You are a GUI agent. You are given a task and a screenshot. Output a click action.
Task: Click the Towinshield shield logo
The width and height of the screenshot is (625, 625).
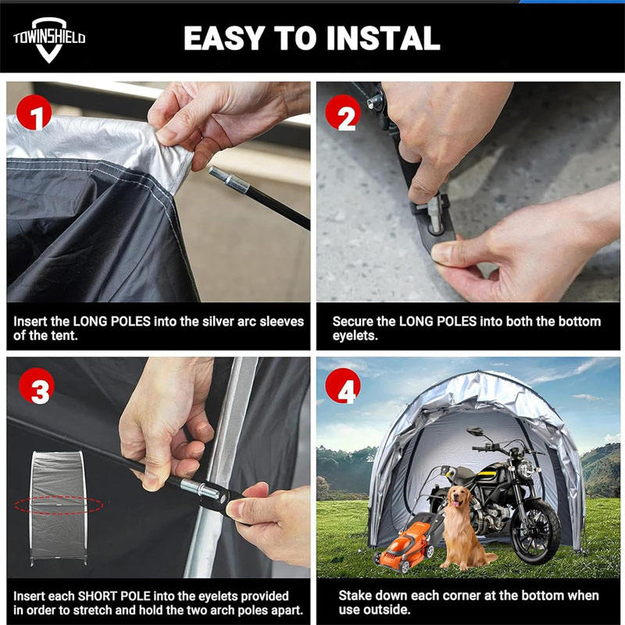pos(49,40)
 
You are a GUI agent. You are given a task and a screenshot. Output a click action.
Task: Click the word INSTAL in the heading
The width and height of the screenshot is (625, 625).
pos(383,38)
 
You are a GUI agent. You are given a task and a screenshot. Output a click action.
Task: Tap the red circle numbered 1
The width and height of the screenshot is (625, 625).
pos(34,112)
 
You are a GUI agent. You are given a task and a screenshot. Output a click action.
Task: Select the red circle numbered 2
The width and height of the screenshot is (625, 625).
pos(343,112)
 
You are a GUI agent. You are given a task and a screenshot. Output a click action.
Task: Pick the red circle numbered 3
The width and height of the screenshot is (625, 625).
pos(37,386)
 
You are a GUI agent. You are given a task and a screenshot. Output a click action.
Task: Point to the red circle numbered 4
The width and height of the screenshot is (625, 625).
pos(343,386)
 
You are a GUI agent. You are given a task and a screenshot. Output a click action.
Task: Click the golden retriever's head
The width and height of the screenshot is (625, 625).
pos(459,496)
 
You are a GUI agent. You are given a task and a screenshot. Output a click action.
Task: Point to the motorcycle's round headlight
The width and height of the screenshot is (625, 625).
pos(526,468)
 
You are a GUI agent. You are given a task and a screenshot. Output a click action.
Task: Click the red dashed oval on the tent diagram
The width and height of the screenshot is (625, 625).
pos(59,505)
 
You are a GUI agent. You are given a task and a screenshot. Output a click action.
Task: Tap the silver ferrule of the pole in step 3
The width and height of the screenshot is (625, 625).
pos(199,489)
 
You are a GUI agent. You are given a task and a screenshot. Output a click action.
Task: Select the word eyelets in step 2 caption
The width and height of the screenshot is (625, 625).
pos(355,336)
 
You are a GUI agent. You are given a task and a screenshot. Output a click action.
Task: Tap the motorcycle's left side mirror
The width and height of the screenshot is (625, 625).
pos(475,431)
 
